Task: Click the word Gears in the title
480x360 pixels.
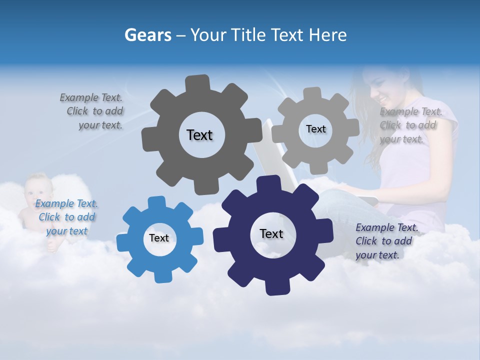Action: [x=147, y=35]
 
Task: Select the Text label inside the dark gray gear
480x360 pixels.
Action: [x=199, y=135]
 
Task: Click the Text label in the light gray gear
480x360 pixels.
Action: [x=315, y=129]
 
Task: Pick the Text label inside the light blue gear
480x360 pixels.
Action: [x=159, y=238]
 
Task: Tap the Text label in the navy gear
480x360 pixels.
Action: [x=271, y=233]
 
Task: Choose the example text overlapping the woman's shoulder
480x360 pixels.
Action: [x=409, y=125]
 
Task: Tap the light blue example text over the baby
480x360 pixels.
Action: [x=66, y=217]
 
